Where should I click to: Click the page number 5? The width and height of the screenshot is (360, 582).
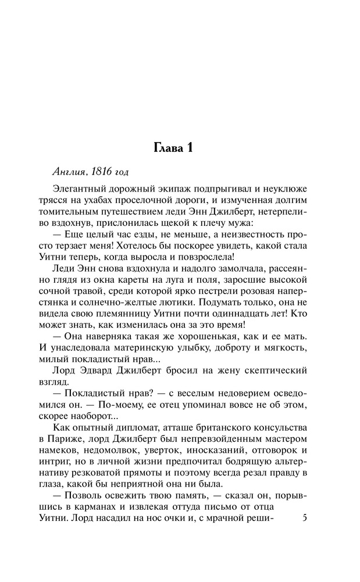(x=306, y=517)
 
